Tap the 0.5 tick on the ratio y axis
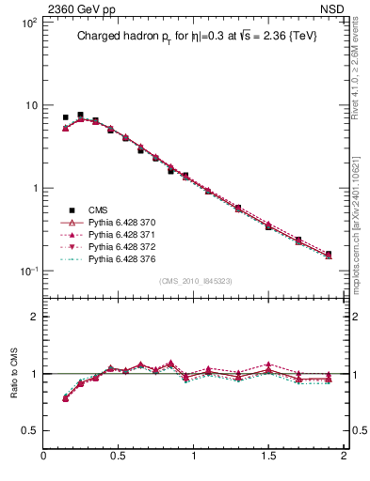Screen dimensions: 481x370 pyautogui.click(x=29, y=431)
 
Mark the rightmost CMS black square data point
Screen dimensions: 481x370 pyautogui.click(x=328, y=254)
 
